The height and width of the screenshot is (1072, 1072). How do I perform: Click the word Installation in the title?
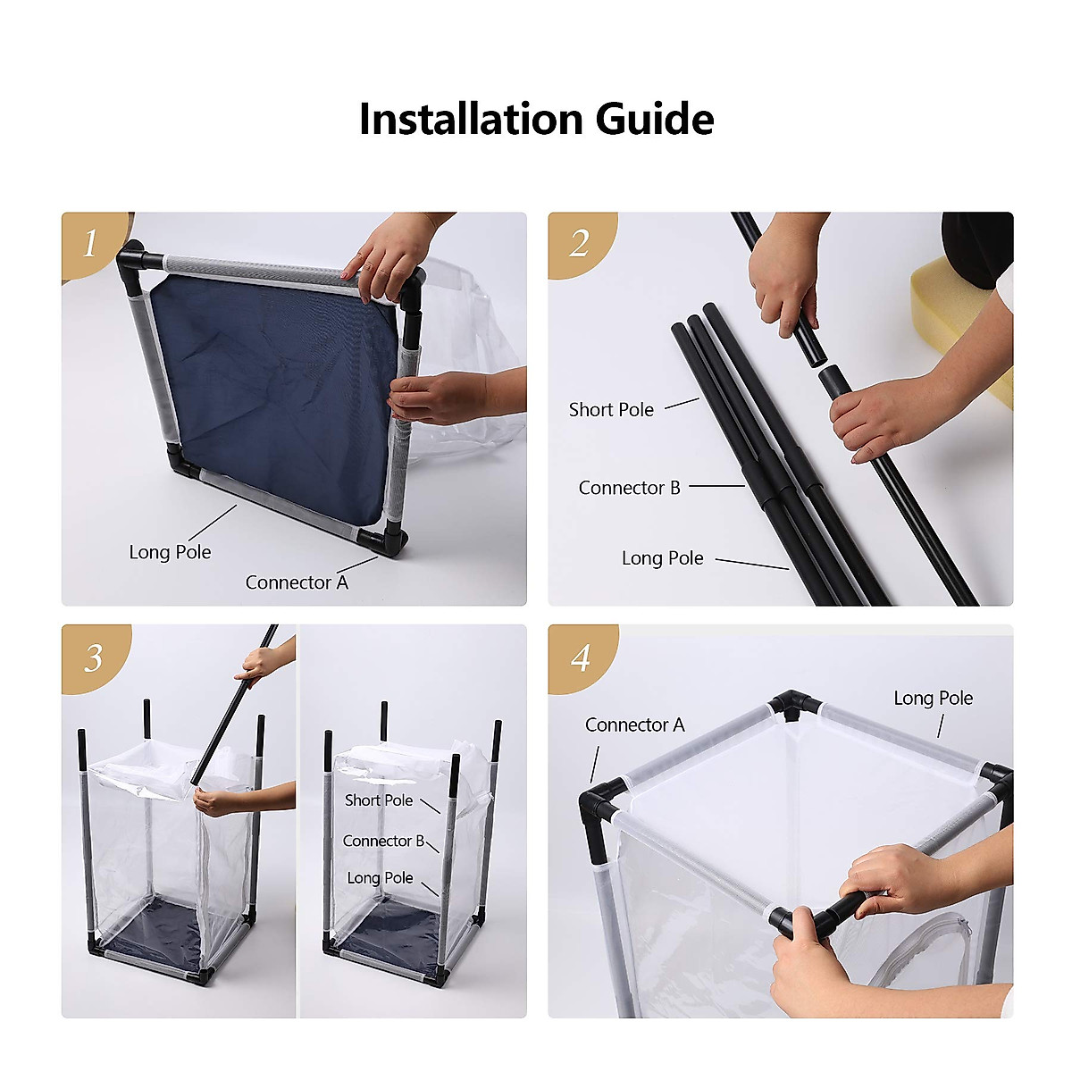471,119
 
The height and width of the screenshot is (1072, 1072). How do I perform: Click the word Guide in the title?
655,119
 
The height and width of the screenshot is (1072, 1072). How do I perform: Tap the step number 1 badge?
92,244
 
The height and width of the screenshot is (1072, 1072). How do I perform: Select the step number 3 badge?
94,658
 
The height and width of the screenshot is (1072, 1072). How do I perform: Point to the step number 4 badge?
581,658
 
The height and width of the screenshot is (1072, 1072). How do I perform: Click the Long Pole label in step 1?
171,552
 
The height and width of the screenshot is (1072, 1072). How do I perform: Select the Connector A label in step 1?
297,582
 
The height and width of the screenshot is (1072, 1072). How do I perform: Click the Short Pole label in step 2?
611,409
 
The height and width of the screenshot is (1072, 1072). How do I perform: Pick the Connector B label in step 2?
630,488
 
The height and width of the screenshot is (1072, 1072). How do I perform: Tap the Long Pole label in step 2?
663,558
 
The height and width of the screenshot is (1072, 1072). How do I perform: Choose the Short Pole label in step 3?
379,800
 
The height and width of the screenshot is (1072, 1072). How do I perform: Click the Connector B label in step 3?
383,841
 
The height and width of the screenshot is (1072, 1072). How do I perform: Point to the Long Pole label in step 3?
380,878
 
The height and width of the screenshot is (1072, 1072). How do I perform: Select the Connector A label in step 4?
635,724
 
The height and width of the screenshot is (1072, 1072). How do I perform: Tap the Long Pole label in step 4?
934,699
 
